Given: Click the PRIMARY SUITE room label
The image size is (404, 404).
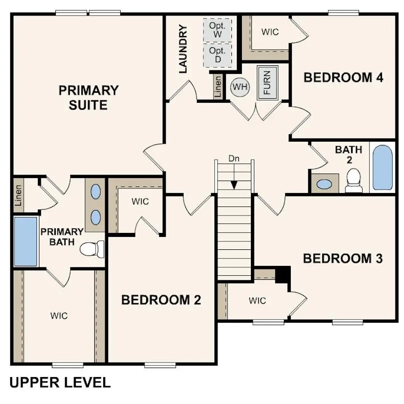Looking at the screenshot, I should pyautogui.click(x=89, y=98).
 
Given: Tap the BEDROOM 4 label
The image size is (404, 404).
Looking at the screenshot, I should pyautogui.click(x=344, y=78).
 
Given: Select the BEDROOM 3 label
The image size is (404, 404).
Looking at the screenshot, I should pyautogui.click(x=343, y=258).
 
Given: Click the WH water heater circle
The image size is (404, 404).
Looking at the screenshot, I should pyautogui.click(x=240, y=87).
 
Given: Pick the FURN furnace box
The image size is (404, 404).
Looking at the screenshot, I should pyautogui.click(x=267, y=82).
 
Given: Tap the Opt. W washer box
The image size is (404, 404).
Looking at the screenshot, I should pyautogui.click(x=217, y=30).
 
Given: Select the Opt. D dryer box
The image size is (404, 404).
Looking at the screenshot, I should pyautogui.click(x=217, y=55).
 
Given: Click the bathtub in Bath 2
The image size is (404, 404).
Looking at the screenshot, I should pyautogui.click(x=383, y=168).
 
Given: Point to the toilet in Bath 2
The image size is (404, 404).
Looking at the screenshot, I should pyautogui.click(x=354, y=180).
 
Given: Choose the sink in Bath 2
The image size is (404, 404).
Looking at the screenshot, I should pyautogui.click(x=325, y=184).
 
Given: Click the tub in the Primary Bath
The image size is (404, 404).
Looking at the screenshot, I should pyautogui.click(x=26, y=241).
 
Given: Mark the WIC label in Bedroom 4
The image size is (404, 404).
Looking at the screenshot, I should pyautogui.click(x=270, y=32).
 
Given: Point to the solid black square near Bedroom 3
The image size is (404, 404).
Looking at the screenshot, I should pyautogui.click(x=283, y=274).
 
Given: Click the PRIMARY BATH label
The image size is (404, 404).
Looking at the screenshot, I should pyautogui.click(x=62, y=237).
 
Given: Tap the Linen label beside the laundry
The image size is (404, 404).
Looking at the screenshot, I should pyautogui.click(x=218, y=87).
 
